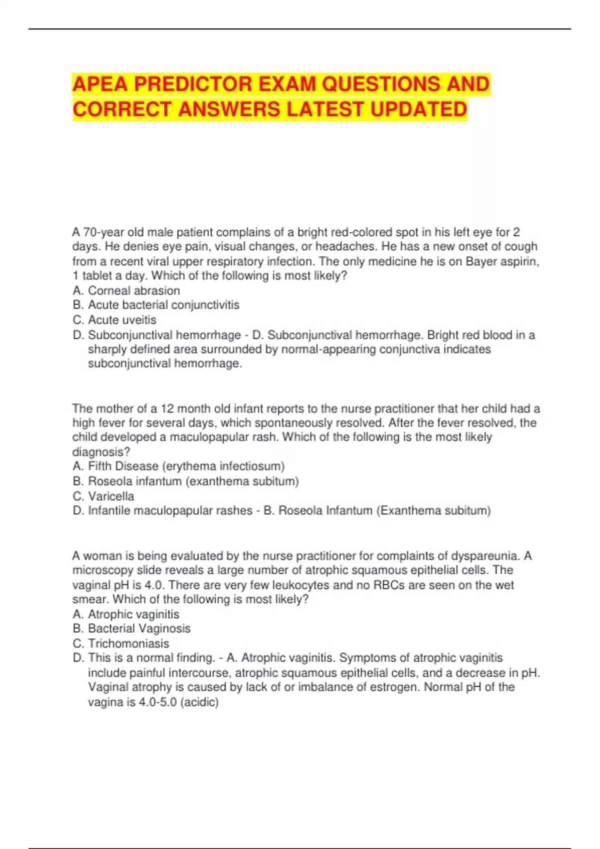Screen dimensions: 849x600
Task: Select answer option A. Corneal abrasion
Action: pyautogui.click(x=126, y=291)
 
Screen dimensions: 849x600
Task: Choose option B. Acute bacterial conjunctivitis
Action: pyautogui.click(x=156, y=305)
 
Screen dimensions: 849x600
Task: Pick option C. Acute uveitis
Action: pyautogui.click(x=114, y=320)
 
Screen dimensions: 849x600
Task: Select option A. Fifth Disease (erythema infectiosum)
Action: pyautogui.click(x=178, y=466)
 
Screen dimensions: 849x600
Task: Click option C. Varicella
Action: pyautogui.click(x=103, y=496)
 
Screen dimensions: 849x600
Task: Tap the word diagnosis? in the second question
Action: pyautogui.click(x=101, y=452)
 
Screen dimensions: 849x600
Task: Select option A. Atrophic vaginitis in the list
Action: pyautogui.click(x=126, y=614)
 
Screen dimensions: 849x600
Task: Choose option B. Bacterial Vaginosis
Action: pyautogui.click(x=131, y=629)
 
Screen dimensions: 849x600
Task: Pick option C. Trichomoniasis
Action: pyautogui.click(x=121, y=644)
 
